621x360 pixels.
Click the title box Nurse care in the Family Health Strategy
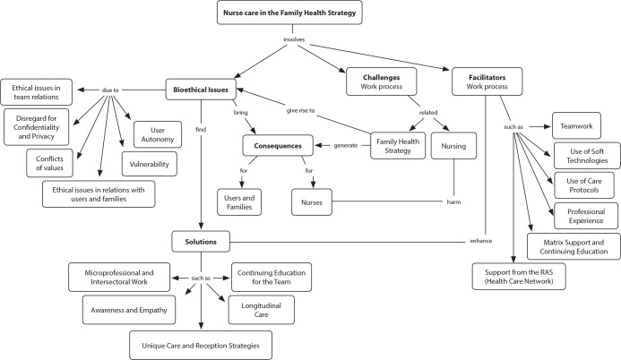click(x=289, y=13)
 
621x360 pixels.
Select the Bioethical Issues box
click(x=201, y=90)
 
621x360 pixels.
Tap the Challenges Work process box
click(x=382, y=81)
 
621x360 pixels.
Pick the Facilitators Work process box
click(x=487, y=81)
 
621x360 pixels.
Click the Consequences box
click(x=278, y=146)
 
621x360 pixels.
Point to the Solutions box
click(x=201, y=241)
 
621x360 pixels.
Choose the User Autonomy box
click(x=158, y=134)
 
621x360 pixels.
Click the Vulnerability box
click(x=150, y=164)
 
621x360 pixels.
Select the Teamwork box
click(x=576, y=125)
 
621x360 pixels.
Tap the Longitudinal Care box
click(x=262, y=310)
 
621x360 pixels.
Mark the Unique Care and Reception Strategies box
click(x=201, y=346)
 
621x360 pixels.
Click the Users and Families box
click(x=239, y=202)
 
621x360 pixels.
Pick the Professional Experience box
click(x=586, y=216)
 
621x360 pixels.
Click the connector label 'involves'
click(x=294, y=39)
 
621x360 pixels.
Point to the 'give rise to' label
click(x=300, y=110)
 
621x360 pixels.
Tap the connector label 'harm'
click(x=453, y=201)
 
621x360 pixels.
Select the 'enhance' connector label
click(x=481, y=241)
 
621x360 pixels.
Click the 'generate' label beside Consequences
click(x=346, y=145)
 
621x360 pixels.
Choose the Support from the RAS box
click(x=519, y=277)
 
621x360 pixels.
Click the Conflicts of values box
click(x=49, y=163)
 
